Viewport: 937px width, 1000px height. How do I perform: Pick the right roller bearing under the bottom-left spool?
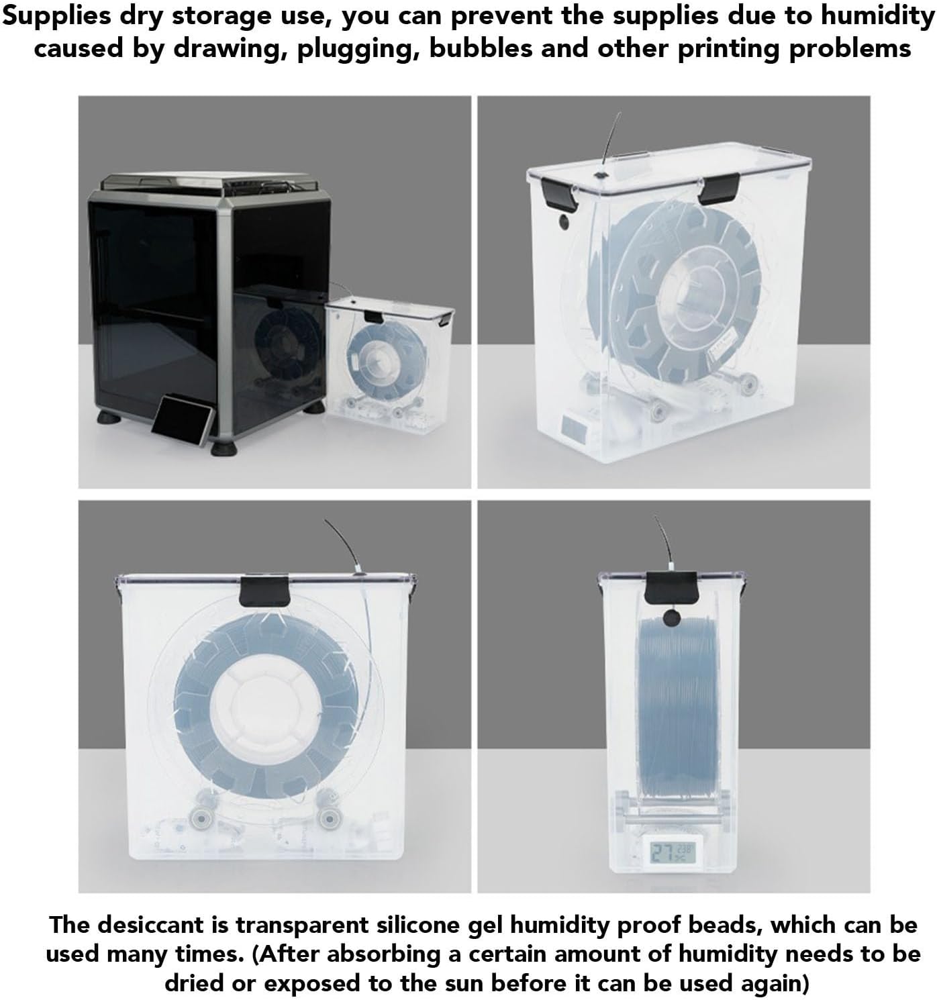pos(328,817)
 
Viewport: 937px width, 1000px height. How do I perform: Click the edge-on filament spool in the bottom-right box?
pos(671,711)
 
